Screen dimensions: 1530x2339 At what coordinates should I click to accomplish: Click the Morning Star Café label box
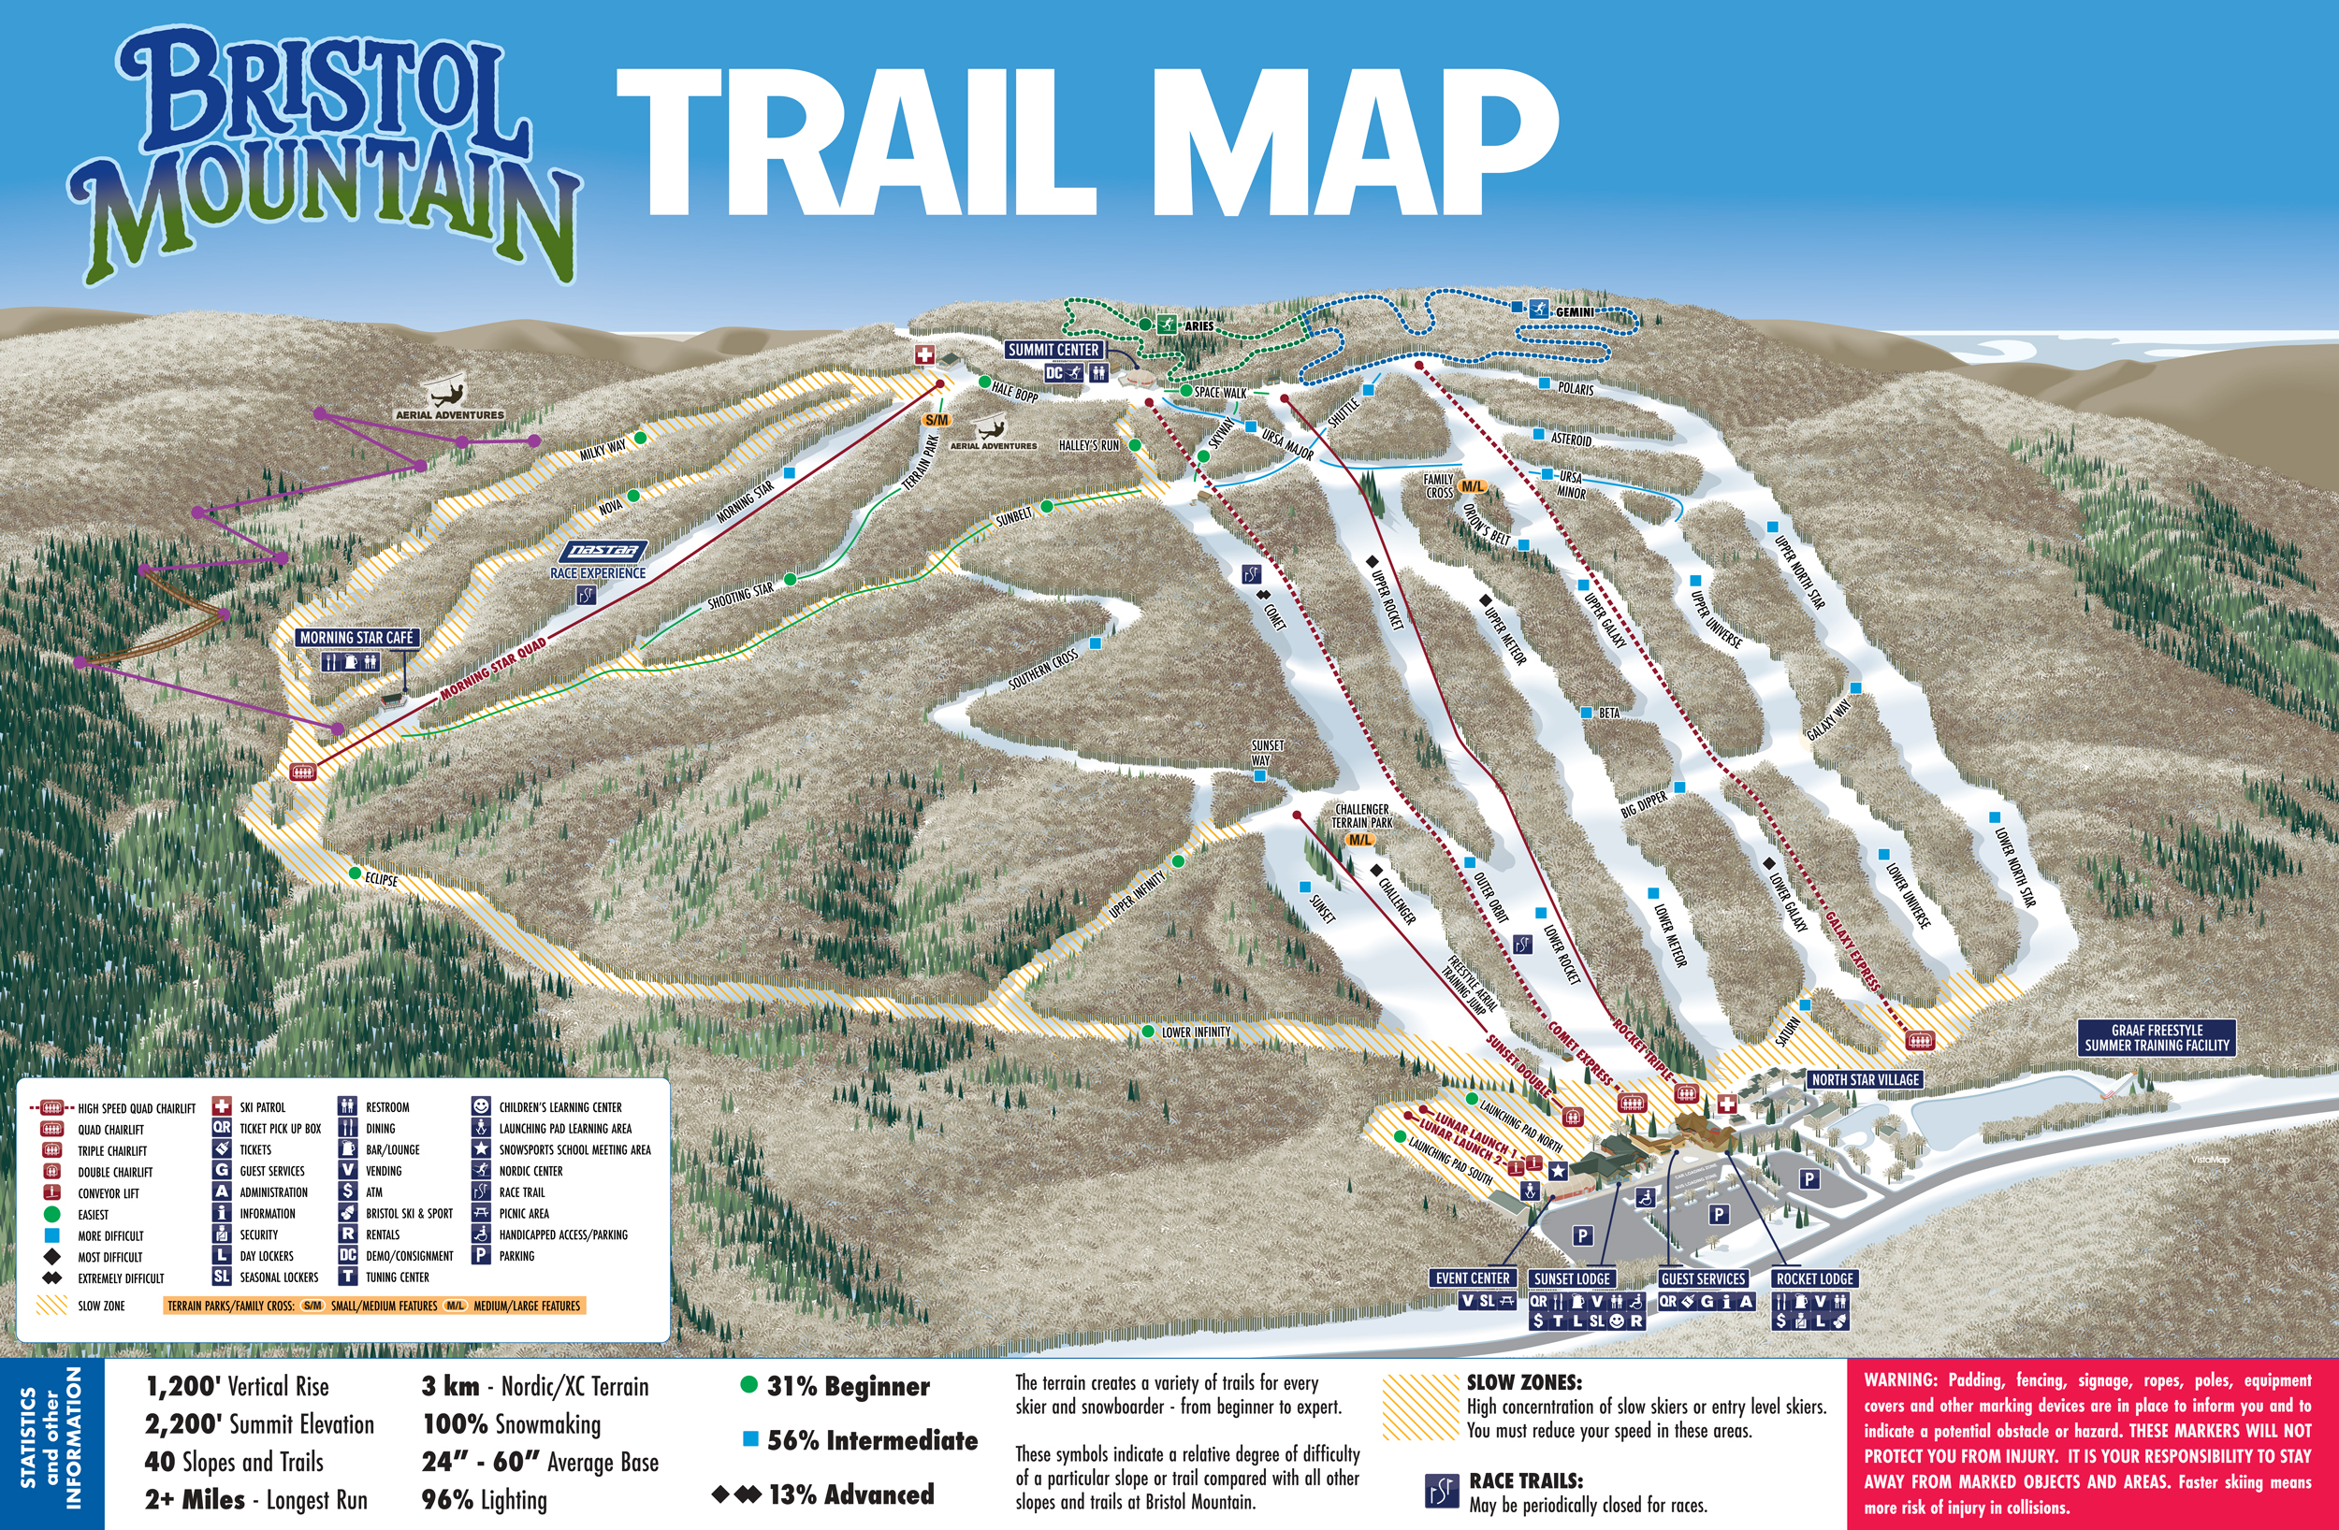tap(356, 638)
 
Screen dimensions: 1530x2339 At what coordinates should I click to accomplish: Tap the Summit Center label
tap(1053, 350)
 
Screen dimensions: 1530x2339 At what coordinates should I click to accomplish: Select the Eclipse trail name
tap(382, 879)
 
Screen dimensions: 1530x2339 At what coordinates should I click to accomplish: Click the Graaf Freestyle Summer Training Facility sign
tap(2157, 1038)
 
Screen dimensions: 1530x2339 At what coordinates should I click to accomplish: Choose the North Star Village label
tap(1866, 1079)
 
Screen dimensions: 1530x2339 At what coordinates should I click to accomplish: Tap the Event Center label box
tap(1473, 1278)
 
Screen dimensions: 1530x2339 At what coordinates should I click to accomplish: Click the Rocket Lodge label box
tap(1814, 1278)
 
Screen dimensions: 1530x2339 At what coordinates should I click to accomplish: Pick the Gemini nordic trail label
tap(1575, 312)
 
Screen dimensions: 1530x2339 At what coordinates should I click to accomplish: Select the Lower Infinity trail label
tap(1195, 1032)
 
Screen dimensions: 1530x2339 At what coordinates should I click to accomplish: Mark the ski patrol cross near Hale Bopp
tap(923, 355)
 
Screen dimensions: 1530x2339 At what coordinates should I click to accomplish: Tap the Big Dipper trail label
tap(1644, 805)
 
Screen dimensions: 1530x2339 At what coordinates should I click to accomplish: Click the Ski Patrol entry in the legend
tap(261, 1107)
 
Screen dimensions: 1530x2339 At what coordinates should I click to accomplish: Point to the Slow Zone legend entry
tap(100, 1306)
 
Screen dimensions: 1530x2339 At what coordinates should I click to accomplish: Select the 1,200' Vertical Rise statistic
tap(237, 1387)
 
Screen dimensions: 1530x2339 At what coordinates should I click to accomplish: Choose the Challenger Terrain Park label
tap(1362, 816)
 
